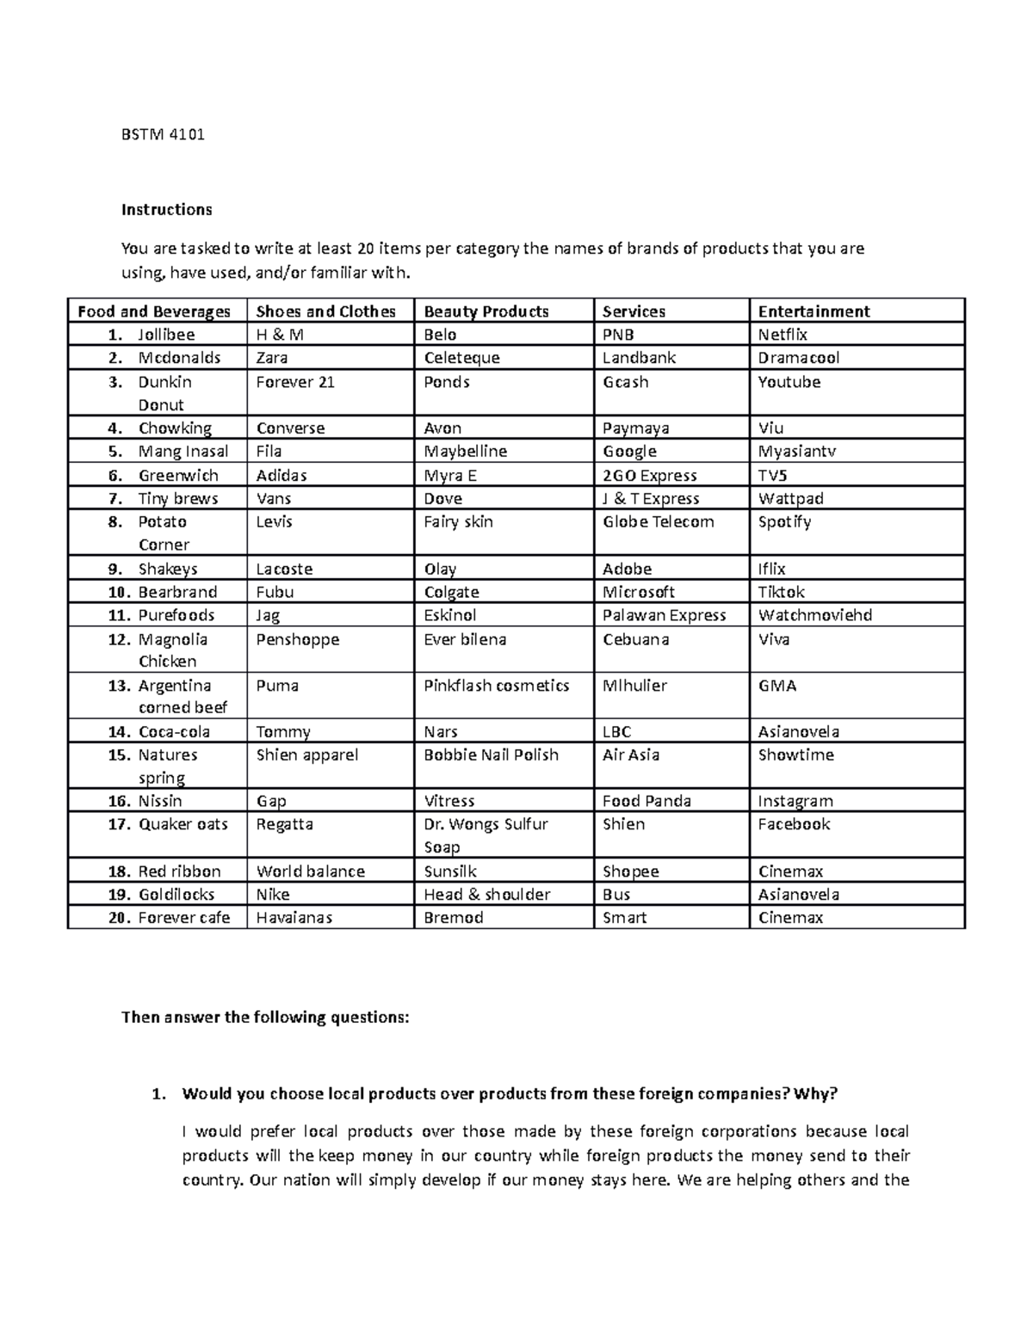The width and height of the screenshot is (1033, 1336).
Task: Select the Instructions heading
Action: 166,210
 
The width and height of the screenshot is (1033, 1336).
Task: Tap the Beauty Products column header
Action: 486,311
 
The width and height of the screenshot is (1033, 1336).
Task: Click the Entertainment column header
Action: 813,311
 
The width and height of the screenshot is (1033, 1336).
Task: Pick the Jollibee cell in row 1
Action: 166,335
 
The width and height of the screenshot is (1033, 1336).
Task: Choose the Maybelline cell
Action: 465,452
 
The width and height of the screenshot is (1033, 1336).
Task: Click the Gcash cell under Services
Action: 625,382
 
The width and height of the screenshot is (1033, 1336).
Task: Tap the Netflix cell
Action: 782,335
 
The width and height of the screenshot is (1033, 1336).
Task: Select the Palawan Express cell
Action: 664,615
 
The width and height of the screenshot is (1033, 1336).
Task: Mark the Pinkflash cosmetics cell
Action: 496,686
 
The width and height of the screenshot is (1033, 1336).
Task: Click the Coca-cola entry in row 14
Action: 174,732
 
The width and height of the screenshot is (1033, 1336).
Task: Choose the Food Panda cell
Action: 646,801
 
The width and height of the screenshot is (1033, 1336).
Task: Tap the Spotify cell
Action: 784,522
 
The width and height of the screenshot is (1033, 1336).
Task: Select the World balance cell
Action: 310,871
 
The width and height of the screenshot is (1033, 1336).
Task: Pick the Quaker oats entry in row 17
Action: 182,824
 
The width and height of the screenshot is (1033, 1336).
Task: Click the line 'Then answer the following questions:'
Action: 265,1018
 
